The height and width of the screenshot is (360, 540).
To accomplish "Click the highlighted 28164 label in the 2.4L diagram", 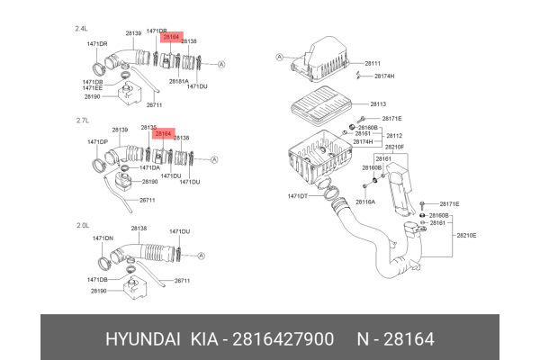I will point(171,38).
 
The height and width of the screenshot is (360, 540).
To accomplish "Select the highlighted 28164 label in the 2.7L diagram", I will point(164,133).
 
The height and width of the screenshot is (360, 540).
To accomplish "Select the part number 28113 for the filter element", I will point(377,103).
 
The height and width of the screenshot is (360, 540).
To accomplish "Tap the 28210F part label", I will point(394,147).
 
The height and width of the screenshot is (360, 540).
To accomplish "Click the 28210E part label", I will point(466,235).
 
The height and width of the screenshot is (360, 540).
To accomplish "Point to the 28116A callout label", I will point(365,202).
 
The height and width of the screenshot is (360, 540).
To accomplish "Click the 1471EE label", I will point(92,88).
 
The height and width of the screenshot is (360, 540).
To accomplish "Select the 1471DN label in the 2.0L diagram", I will point(100,238).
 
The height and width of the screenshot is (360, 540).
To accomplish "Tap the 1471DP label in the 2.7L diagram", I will point(98,142).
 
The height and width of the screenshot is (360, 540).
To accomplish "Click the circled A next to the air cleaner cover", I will point(280,57).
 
